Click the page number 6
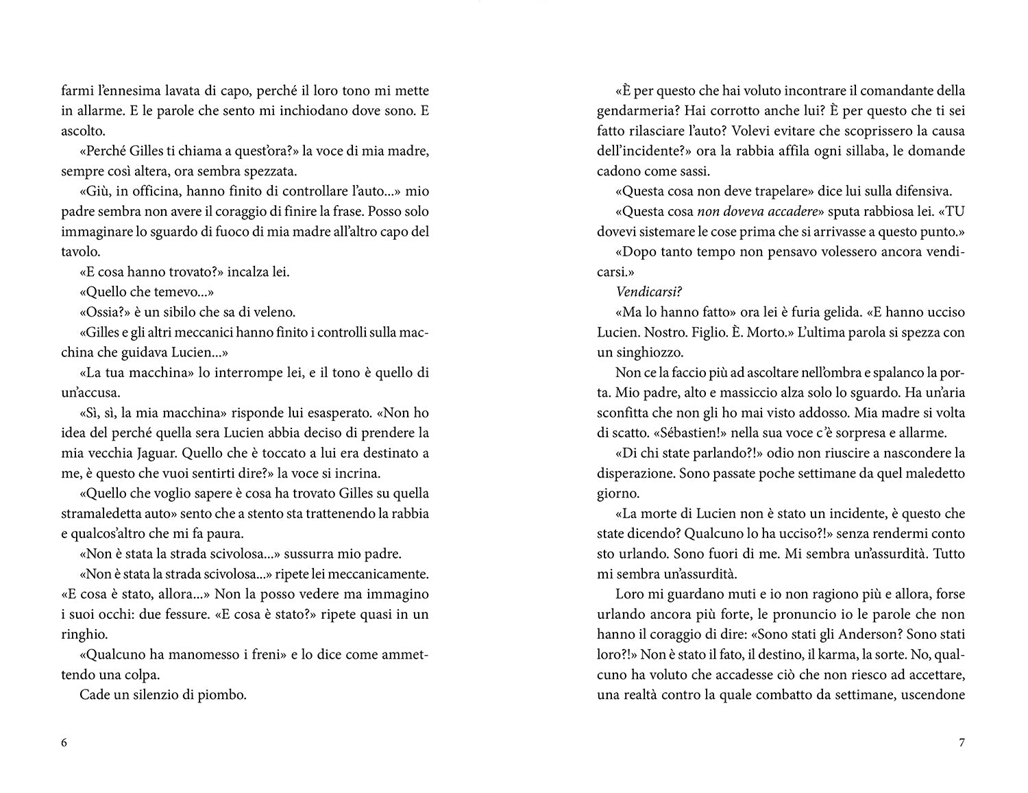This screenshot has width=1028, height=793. pyautogui.click(x=64, y=743)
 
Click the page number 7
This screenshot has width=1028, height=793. pyautogui.click(x=962, y=743)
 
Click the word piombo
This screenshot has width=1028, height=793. pyautogui.click(x=222, y=695)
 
